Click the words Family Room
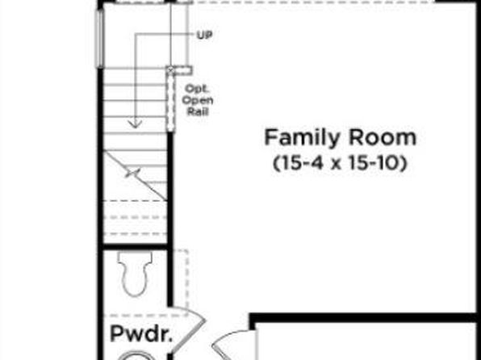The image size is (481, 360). point(341,137)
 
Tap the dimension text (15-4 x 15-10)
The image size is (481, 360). point(341,163)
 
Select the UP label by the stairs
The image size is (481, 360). point(204,36)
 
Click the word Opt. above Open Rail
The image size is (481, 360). point(197,89)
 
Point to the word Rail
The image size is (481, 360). point(198,111)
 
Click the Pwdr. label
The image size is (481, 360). point(141,333)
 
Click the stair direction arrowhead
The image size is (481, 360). point(135,123)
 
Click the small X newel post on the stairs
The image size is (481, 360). point(170,70)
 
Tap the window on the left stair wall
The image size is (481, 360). point(99,39)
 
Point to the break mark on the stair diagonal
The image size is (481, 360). point(132,173)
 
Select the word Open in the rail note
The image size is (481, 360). point(198,100)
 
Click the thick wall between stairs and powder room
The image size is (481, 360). point(135,247)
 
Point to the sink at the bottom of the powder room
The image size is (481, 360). point(135,355)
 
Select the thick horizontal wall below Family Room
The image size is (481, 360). point(363,318)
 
